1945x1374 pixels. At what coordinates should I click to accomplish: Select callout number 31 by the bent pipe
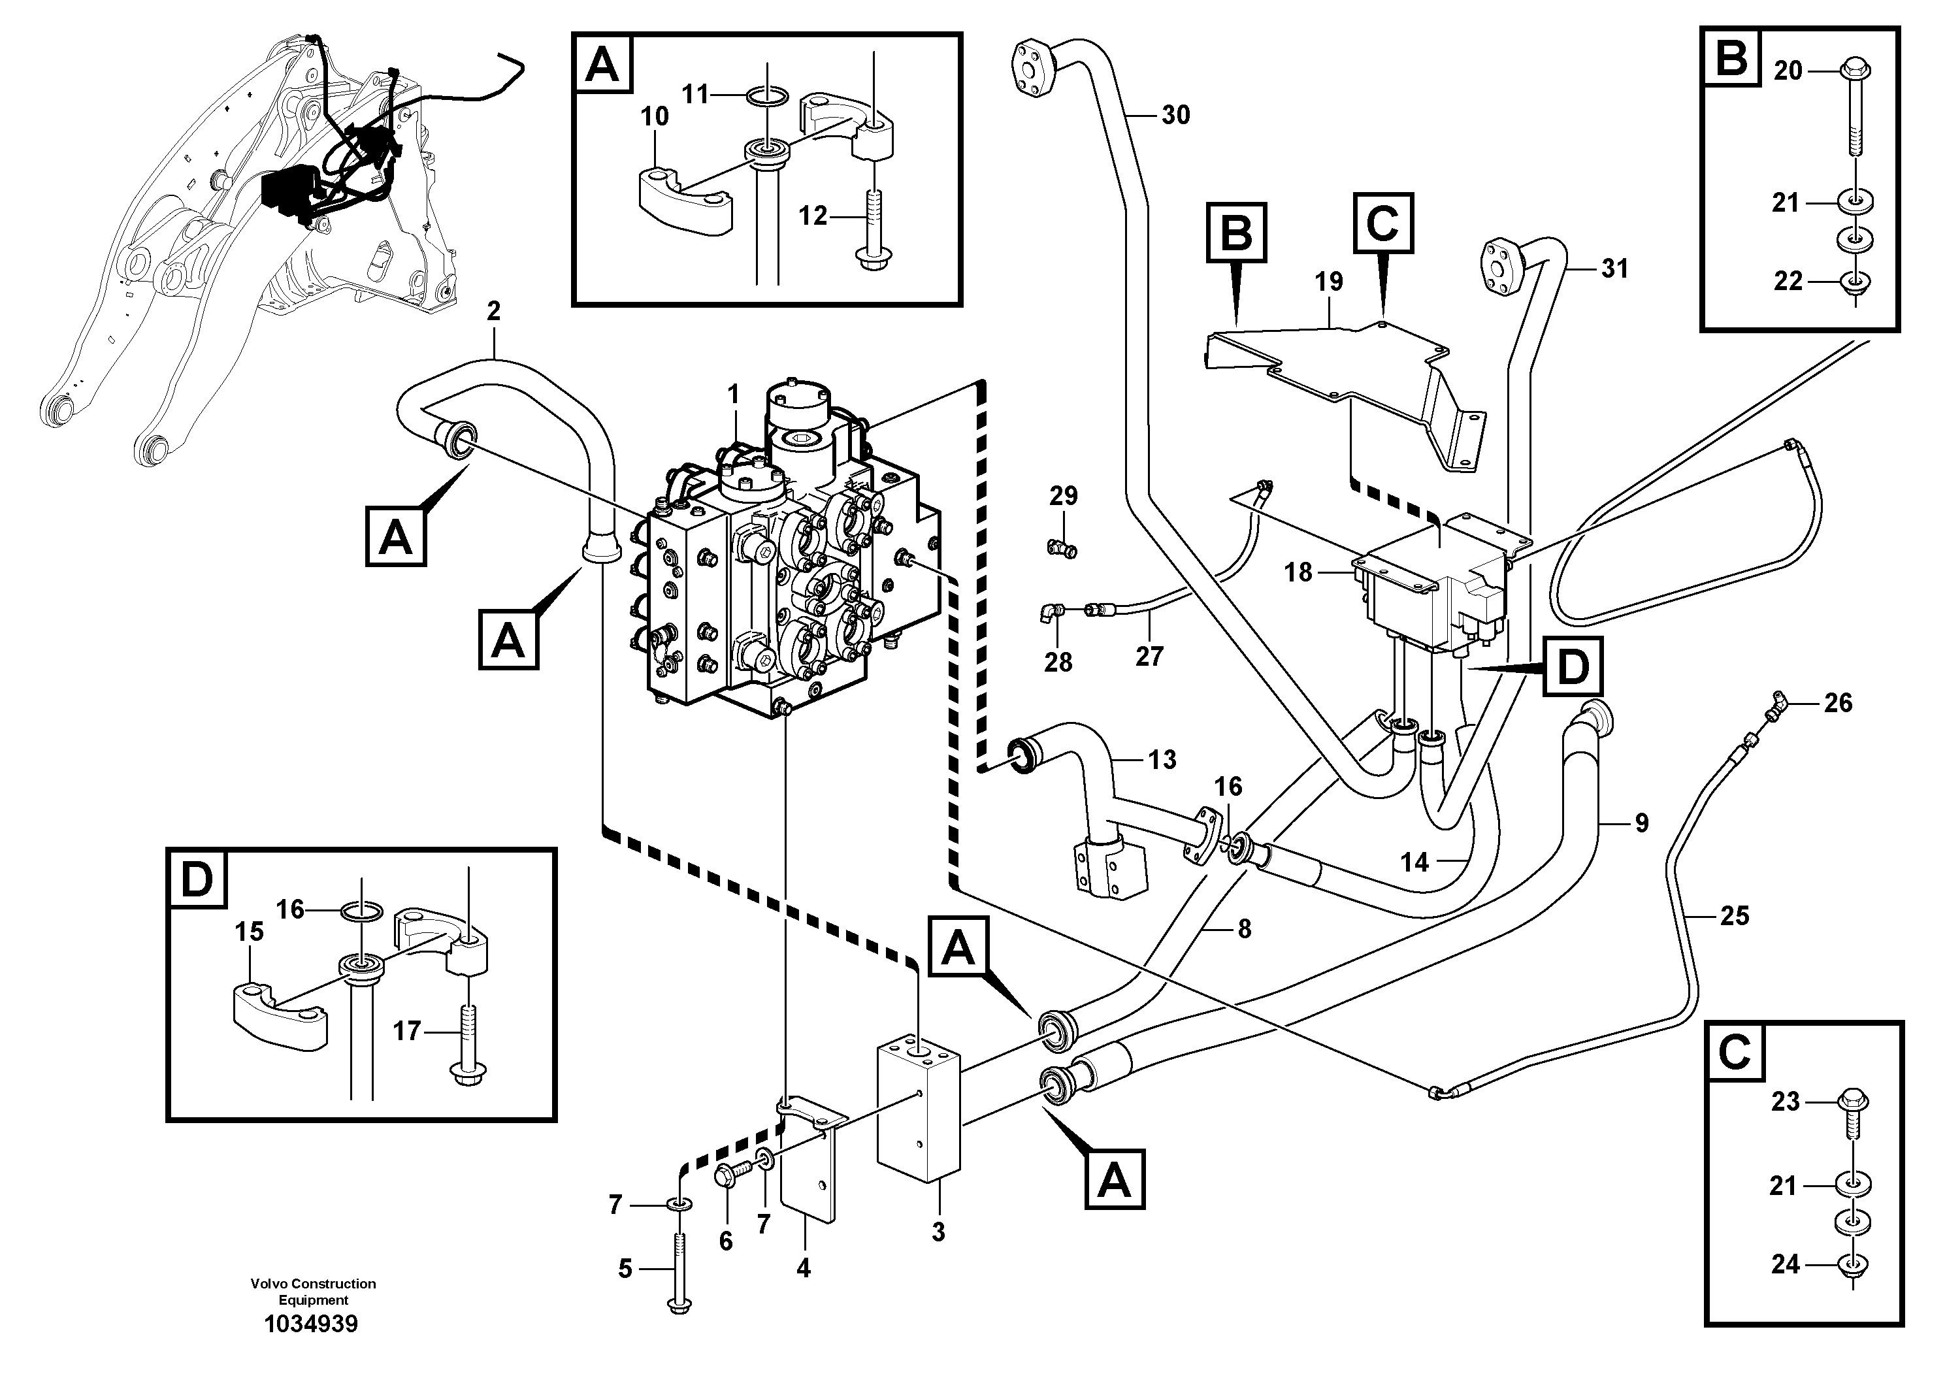click(x=1614, y=269)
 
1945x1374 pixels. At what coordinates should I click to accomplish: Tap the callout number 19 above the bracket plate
click(x=1329, y=282)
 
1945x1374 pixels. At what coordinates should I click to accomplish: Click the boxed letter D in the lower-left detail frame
click(x=197, y=880)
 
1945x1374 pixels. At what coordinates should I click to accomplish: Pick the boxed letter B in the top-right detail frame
click(x=1731, y=58)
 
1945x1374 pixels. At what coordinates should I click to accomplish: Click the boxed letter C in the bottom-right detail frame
click(x=1734, y=1053)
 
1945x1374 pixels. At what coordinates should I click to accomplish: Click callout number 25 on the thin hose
click(x=1734, y=916)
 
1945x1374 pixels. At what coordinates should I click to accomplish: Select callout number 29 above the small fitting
click(x=1063, y=497)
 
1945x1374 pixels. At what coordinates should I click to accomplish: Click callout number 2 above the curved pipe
click(x=494, y=311)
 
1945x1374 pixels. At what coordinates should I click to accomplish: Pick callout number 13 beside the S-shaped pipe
click(x=1162, y=760)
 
